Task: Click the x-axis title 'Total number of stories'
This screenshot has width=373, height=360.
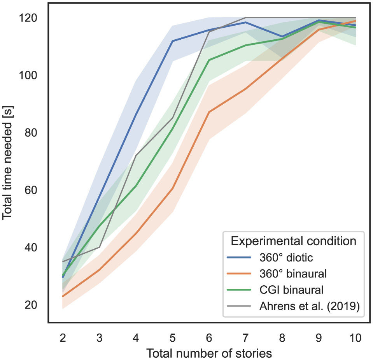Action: pos(208,353)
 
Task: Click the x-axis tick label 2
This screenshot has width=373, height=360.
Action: pos(62,337)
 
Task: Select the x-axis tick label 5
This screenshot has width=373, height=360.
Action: pos(172,337)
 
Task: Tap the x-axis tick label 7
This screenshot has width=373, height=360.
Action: pos(245,337)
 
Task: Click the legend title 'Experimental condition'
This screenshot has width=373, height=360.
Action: pos(293,241)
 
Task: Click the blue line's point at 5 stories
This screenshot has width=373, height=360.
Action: pos(172,41)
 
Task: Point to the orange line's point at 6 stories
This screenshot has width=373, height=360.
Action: pos(209,112)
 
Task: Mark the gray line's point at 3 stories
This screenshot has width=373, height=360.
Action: pos(99,247)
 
